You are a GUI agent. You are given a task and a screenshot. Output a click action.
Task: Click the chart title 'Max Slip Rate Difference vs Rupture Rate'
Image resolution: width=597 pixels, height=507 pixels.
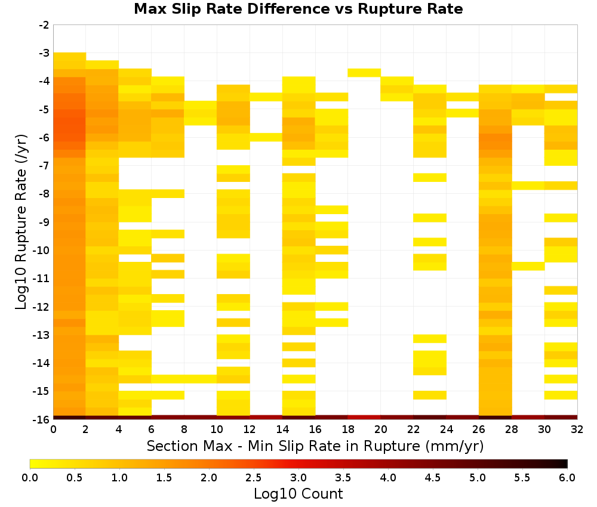pyautogui.click(x=298, y=9)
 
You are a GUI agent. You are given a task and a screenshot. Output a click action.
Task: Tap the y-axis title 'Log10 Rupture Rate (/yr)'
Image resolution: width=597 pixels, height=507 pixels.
pyautogui.click(x=21, y=222)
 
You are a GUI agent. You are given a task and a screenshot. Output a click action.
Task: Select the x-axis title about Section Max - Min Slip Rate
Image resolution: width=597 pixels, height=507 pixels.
pyautogui.click(x=315, y=446)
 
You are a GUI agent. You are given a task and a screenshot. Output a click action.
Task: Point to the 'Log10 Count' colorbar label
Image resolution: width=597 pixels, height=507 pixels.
pyautogui.click(x=298, y=494)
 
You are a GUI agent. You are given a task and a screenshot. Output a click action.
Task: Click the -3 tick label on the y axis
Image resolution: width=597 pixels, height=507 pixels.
pyautogui.click(x=44, y=53)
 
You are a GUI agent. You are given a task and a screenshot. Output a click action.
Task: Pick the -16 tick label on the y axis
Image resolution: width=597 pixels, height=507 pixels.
pyautogui.click(x=42, y=419)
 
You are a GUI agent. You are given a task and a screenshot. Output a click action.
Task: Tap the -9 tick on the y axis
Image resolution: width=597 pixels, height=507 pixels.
pyautogui.click(x=44, y=222)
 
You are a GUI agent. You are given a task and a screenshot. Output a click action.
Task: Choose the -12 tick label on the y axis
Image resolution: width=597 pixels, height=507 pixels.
pyautogui.click(x=42, y=307)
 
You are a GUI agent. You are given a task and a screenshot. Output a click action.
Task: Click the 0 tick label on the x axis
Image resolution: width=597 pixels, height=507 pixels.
pyautogui.click(x=53, y=429)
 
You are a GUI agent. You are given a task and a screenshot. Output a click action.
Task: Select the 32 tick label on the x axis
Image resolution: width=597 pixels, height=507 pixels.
pyautogui.click(x=577, y=429)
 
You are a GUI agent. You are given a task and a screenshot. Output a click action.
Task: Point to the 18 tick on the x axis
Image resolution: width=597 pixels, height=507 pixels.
pyautogui.click(x=348, y=429)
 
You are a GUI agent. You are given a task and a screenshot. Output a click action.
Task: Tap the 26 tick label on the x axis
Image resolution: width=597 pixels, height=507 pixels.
pyautogui.click(x=479, y=429)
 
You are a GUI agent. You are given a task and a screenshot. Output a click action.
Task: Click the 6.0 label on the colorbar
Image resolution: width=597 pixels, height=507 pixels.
pyautogui.click(x=567, y=477)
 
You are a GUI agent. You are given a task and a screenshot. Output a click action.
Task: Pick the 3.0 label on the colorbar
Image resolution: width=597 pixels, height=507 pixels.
pyautogui.click(x=298, y=477)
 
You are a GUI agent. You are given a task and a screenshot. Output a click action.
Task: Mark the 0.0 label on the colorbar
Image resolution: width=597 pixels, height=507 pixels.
pyautogui.click(x=30, y=477)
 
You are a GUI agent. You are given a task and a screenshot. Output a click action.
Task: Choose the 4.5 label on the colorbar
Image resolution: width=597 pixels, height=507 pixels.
pyautogui.click(x=432, y=477)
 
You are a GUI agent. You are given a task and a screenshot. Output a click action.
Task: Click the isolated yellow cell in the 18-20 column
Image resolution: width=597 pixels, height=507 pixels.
pyautogui.click(x=364, y=73)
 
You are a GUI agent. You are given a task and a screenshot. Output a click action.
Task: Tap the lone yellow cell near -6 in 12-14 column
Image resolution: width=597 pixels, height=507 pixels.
pyautogui.click(x=266, y=137)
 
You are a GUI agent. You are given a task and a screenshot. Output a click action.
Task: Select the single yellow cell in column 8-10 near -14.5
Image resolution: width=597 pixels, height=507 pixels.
pyautogui.click(x=201, y=379)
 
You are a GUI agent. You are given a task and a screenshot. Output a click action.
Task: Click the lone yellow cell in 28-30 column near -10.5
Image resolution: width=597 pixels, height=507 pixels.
pyautogui.click(x=528, y=266)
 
